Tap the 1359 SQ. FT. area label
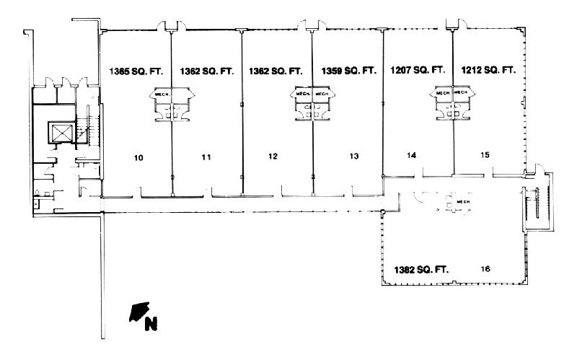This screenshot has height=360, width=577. coord(348,71)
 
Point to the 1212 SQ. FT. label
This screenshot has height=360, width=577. coord(488,70)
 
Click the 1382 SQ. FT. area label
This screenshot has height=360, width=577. coord(422,269)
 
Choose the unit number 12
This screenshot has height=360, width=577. coord(272,156)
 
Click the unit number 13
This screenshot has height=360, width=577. coord(353,156)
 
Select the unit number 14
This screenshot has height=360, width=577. coord(412,155)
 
